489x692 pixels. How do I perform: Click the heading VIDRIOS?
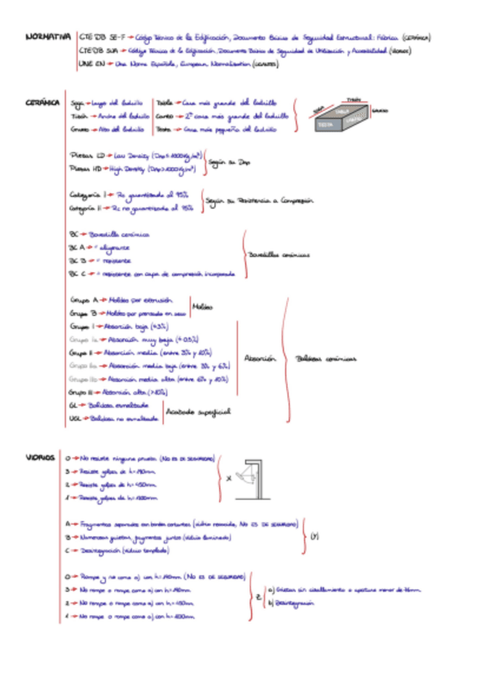[x=40, y=458]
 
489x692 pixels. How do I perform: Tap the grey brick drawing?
[x=340, y=114]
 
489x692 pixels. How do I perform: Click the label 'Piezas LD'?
[x=88, y=154]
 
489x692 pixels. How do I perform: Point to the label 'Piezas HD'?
[x=88, y=169]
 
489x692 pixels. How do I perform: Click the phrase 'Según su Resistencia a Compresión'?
[x=260, y=200]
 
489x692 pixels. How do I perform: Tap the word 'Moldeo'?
[x=202, y=307]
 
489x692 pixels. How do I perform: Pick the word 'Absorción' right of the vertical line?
[x=261, y=358]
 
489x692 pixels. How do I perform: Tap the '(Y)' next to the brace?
[x=315, y=536]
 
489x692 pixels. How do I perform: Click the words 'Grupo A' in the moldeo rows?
[x=83, y=299]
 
